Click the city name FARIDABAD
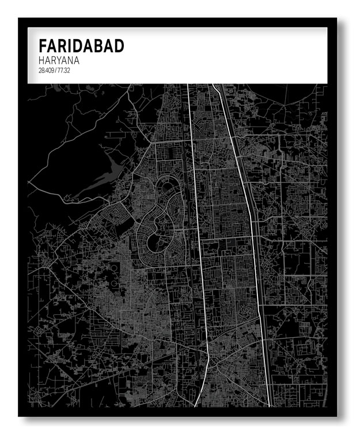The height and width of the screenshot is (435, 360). [81, 46]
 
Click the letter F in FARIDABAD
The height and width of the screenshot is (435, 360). [43, 46]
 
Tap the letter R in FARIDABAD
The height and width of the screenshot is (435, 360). [62, 46]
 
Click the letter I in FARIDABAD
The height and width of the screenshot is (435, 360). [70, 46]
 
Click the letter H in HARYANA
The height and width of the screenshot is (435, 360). [42, 60]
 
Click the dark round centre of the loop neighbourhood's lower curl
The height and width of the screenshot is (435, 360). [155, 241]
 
